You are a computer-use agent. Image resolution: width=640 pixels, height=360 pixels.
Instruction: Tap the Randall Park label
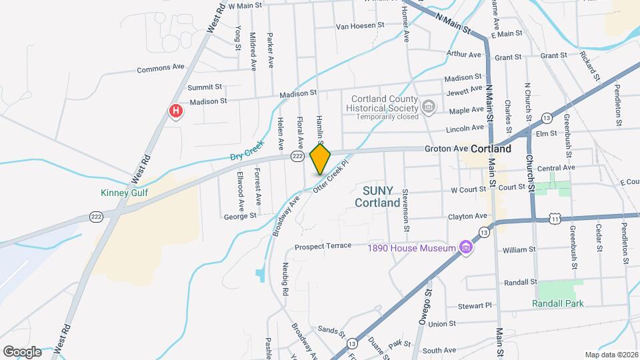click(x=557, y=303)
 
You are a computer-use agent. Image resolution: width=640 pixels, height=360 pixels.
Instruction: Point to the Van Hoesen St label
click(x=360, y=26)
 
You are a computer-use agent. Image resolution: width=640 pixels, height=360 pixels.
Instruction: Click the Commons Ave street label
click(x=160, y=68)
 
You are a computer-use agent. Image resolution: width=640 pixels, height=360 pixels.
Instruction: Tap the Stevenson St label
click(x=405, y=205)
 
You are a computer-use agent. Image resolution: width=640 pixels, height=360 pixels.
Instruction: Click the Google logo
click(x=21, y=352)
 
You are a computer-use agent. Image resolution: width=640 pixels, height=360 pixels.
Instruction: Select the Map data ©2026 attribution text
click(x=611, y=355)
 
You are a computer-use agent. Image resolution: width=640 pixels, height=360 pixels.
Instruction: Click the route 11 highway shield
click(x=555, y=218)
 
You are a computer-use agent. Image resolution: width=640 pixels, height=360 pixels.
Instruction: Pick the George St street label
click(x=240, y=216)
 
